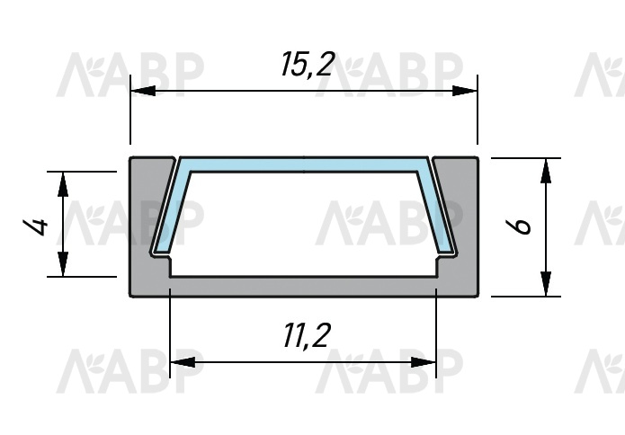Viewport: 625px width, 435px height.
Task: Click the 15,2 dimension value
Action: [307, 64]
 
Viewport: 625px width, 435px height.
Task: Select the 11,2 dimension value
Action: [307, 335]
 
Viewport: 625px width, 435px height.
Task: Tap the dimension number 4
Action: [35, 226]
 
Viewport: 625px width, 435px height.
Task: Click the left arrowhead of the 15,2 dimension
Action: [143, 91]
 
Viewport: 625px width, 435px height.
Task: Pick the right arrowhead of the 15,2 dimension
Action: [465, 91]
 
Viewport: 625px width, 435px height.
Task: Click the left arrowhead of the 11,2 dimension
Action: [183, 362]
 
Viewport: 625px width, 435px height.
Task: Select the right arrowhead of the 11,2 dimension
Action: [424, 362]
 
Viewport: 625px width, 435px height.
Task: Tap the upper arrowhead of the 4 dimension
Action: [63, 184]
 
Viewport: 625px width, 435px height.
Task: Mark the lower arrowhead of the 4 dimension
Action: [63, 263]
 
